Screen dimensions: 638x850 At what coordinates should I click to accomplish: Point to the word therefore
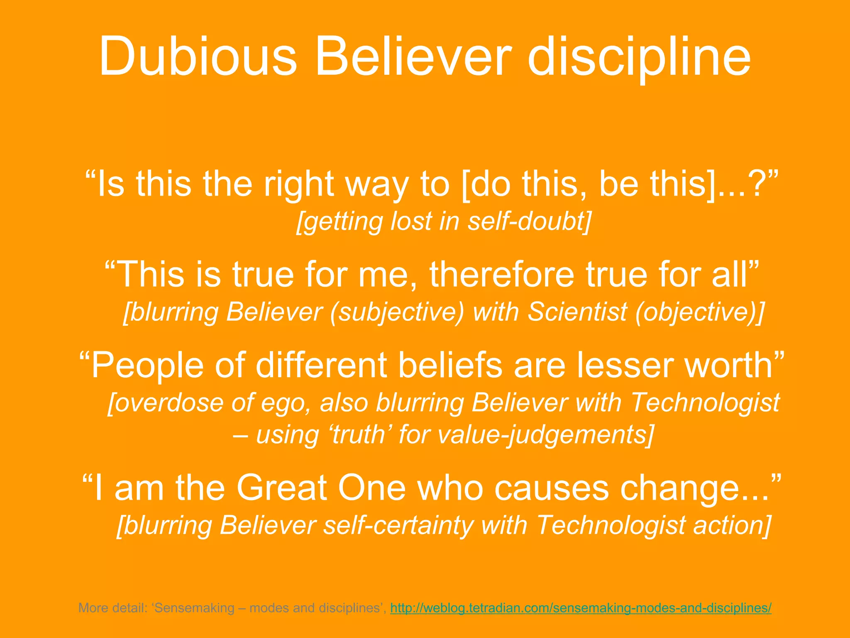point(501,275)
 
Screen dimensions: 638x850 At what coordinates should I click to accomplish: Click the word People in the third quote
point(147,366)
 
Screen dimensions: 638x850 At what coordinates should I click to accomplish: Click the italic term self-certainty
point(398,525)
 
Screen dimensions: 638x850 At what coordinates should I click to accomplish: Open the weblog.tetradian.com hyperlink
point(581,608)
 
